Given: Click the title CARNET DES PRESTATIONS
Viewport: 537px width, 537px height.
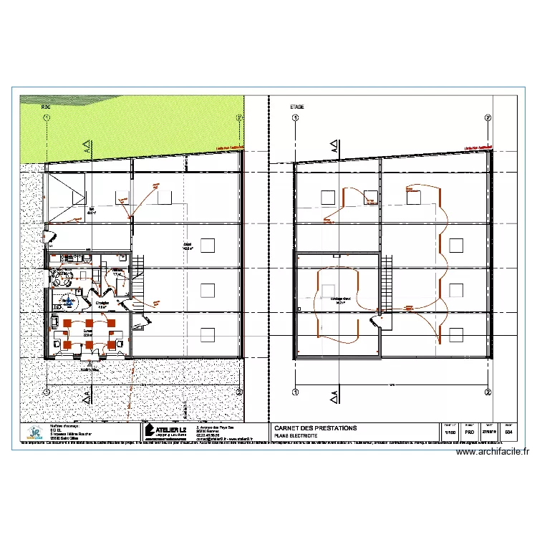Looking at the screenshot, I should [315, 427].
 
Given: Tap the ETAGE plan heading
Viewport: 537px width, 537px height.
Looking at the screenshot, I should [297, 107].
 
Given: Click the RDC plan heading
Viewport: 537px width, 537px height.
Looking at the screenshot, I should [46, 107].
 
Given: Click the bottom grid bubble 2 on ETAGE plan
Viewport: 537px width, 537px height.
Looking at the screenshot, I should [488, 392].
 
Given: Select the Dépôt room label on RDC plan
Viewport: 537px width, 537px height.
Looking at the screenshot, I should [188, 246].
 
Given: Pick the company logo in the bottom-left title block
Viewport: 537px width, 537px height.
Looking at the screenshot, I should [34, 432].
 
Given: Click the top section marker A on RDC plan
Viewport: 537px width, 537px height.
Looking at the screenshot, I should [87, 150].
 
